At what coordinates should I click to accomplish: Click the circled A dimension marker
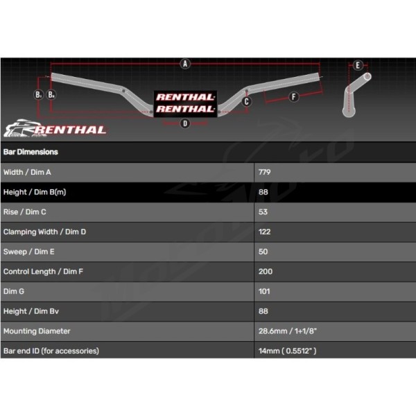[185, 64]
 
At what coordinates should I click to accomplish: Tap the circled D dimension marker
[185, 123]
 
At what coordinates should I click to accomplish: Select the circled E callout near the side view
[358, 65]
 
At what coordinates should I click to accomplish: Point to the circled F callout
[293, 96]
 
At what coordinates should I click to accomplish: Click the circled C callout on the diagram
[246, 101]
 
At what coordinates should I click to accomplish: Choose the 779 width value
[265, 172]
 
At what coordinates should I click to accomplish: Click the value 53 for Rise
[263, 212]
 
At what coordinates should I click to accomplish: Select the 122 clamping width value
[265, 232]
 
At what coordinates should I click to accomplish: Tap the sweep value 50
[263, 252]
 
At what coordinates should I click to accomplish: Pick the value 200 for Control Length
[266, 272]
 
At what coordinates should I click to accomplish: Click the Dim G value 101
[264, 292]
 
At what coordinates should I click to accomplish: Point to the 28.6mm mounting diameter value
[288, 331]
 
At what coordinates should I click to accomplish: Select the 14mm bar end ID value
[287, 351]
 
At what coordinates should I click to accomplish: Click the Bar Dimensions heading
[31, 152]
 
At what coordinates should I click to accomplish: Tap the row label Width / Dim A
[27, 172]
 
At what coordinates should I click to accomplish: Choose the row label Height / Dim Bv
[31, 311]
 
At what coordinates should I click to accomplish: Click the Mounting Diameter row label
[37, 331]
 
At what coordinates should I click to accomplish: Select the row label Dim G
[14, 292]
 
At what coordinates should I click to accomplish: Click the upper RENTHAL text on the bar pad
[185, 97]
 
